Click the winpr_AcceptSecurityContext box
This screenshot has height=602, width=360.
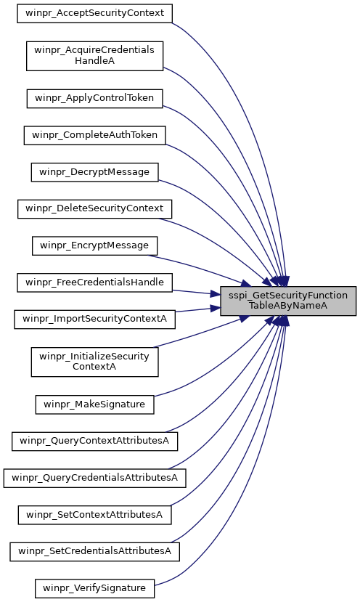(95, 14)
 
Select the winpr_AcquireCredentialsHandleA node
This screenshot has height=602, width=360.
(95, 56)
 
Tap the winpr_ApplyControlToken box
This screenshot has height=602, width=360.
(95, 99)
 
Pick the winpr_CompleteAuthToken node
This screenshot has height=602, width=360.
(95, 136)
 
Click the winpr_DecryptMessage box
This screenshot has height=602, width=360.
(95, 172)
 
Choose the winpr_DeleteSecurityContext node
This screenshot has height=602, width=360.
(95, 209)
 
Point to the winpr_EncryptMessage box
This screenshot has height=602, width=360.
(95, 245)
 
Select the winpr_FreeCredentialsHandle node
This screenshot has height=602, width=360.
(95, 282)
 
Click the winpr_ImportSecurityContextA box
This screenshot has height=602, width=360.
(95, 320)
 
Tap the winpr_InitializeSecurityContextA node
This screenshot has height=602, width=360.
(95, 362)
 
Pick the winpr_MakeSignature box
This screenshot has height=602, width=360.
(95, 404)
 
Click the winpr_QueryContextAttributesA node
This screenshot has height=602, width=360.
(95, 441)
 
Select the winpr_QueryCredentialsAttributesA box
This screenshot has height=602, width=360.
(95, 479)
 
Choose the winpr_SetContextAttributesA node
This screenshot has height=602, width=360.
(95, 515)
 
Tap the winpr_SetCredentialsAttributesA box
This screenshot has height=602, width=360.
(95, 552)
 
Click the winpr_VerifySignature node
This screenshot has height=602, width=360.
(95, 588)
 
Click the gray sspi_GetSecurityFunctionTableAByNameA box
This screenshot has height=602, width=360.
(288, 301)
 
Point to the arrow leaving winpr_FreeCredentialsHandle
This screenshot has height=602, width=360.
(197, 293)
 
